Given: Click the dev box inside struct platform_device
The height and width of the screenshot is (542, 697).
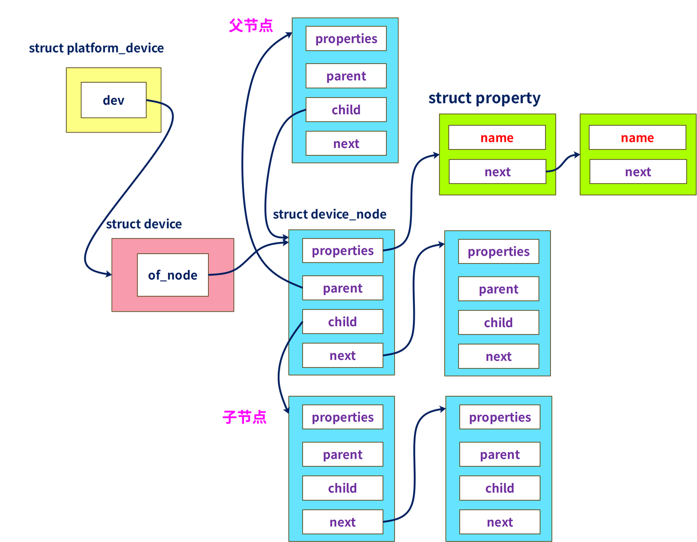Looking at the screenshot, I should [113, 100].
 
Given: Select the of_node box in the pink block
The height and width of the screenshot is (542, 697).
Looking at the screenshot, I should [173, 275].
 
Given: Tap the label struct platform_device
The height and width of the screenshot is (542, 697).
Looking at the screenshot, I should [96, 48].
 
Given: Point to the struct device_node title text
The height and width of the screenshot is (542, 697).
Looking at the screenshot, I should [330, 214].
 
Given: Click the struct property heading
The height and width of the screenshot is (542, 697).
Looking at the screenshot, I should [485, 98].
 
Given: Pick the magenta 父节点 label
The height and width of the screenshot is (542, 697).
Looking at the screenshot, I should [251, 25].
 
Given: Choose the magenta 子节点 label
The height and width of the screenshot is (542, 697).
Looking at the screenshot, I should [244, 417].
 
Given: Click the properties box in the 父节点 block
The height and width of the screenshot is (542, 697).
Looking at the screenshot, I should [346, 39].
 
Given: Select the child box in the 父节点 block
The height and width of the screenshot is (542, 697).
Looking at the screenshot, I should [346, 110].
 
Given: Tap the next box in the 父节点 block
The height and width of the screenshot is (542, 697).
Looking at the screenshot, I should [346, 144].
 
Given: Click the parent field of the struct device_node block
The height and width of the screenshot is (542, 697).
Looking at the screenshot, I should [343, 288].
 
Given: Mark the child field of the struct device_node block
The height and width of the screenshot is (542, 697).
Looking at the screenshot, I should [343, 322].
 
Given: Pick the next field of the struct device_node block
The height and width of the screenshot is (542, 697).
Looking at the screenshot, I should [343, 356].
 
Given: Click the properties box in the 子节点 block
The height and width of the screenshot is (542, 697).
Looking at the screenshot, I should [343, 417].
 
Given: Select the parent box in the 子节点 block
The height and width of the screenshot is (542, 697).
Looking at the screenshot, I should [343, 454].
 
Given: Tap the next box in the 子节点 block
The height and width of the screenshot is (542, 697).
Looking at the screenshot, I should [343, 522].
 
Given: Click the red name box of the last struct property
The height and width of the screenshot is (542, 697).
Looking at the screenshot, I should [637, 138].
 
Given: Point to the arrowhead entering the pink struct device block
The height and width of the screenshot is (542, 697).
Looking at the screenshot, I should [107, 274].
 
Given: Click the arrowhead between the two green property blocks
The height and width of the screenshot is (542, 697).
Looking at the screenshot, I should [576, 155].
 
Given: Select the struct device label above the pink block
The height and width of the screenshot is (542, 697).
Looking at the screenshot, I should [144, 224].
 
